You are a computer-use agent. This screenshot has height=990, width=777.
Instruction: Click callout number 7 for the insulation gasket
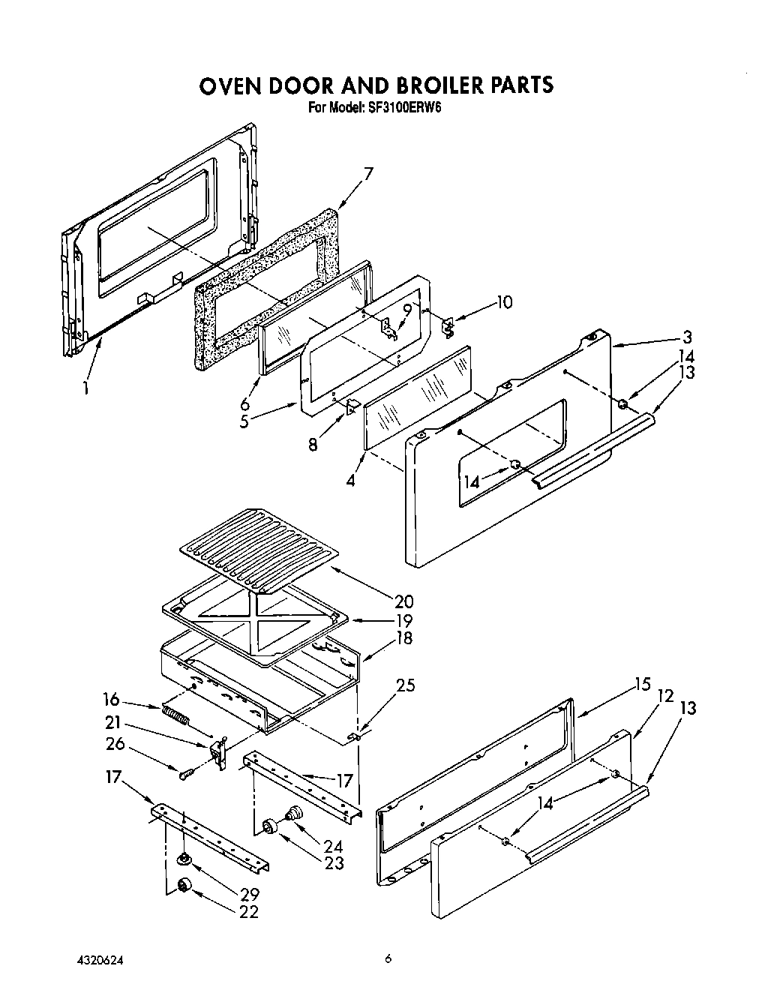point(367,175)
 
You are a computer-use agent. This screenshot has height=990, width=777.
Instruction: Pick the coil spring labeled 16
point(174,713)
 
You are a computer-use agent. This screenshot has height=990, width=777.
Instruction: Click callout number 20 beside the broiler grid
point(402,601)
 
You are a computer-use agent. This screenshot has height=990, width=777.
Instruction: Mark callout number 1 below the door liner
point(86,388)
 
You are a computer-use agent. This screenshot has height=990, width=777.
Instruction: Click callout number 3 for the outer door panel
point(686,337)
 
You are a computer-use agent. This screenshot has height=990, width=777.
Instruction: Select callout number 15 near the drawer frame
point(641,685)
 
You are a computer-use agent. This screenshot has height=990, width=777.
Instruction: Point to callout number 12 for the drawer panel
point(664,697)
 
